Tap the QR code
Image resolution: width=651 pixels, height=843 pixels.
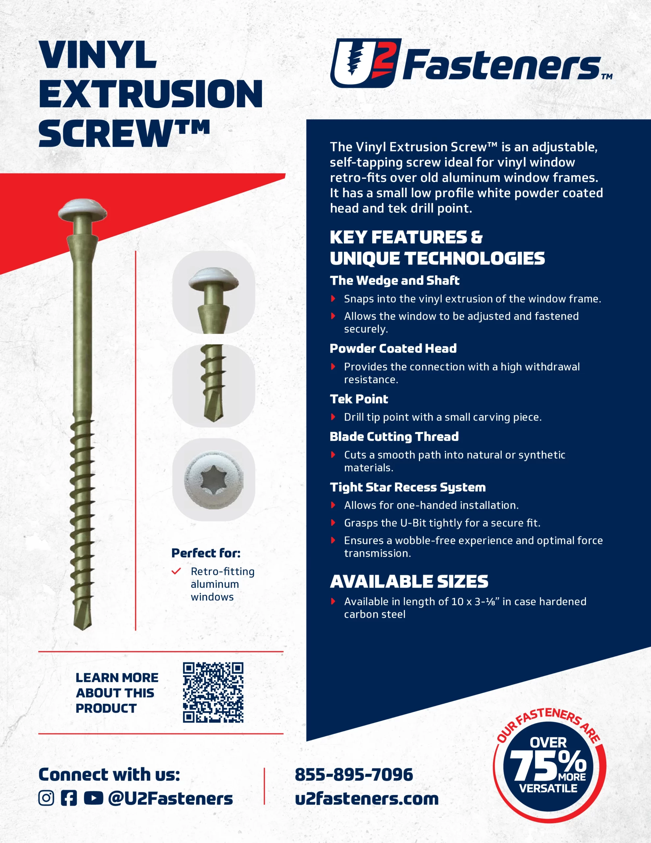point(213,693)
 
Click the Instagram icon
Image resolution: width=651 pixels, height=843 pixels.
point(46,798)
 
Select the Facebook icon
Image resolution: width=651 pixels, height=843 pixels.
point(69,798)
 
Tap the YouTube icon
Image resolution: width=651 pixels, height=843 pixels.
point(93,798)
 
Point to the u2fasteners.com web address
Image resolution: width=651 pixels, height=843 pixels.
point(367,799)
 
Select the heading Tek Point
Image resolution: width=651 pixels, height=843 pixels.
point(359,399)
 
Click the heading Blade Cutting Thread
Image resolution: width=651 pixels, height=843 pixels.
point(394,437)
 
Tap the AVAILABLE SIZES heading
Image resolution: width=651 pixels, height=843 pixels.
point(409,582)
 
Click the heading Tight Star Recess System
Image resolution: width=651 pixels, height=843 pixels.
point(407,487)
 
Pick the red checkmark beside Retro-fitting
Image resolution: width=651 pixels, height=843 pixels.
point(176,571)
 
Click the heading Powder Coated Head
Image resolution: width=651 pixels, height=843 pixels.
point(393,348)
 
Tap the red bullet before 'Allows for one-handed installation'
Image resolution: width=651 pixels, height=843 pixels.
point(333,505)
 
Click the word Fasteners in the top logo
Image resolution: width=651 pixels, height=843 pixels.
point(502,66)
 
